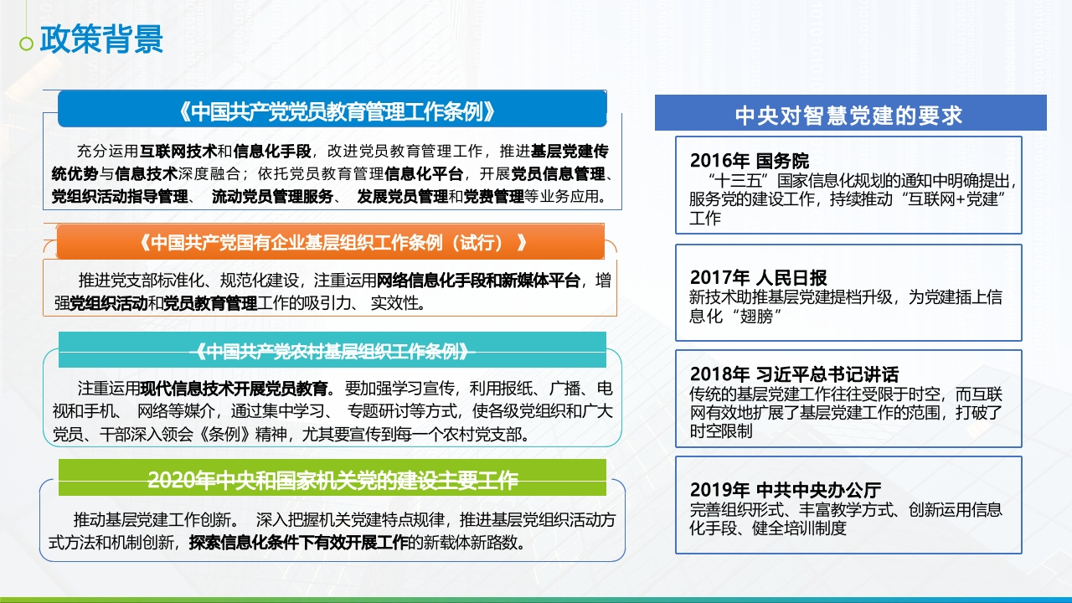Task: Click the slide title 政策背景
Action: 101,39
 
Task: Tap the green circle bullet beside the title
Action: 26,44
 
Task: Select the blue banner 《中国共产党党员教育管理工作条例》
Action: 332,109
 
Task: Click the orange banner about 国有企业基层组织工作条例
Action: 330,242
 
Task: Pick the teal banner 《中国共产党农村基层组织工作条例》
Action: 332,350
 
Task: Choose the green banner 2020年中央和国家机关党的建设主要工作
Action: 332,477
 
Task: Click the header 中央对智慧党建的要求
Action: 850,113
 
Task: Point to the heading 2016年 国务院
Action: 750,161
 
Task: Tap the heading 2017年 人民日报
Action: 759,277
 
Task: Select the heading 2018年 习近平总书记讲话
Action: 795,374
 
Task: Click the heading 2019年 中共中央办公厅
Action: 786,490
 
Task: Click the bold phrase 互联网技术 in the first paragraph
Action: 178,152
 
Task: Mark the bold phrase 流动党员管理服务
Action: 272,196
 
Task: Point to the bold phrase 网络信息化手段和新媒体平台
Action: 478,281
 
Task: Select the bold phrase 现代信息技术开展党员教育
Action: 234,388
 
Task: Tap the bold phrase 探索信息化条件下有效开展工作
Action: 299,542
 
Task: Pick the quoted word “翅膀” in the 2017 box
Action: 756,316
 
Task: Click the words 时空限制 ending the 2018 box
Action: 721,431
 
